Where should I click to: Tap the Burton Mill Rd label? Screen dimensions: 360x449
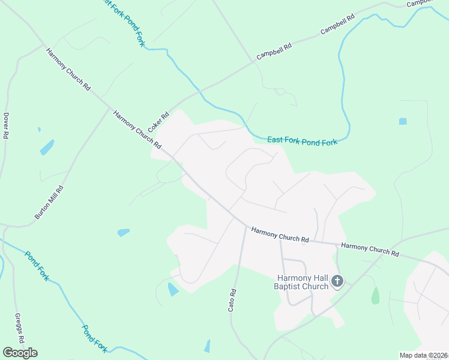(x=49, y=202)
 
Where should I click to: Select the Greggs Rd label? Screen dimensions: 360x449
(x=19, y=328)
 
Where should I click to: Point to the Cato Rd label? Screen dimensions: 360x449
(x=232, y=300)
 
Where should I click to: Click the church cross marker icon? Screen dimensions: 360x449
(x=337, y=281)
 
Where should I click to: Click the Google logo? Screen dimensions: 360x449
(x=20, y=353)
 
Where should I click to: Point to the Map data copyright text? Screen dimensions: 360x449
(x=424, y=355)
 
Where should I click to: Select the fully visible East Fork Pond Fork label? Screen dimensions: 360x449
(x=303, y=140)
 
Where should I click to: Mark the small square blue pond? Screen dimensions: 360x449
(x=403, y=121)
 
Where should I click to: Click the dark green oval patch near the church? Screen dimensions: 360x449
(x=375, y=295)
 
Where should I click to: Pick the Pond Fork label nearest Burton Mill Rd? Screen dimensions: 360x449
(x=36, y=265)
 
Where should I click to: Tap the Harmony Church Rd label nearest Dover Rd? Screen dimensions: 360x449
(x=68, y=69)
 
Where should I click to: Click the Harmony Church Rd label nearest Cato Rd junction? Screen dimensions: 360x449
(x=280, y=235)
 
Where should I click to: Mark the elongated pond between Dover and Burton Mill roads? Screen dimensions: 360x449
(x=46, y=147)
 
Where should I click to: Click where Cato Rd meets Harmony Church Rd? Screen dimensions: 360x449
(x=246, y=226)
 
